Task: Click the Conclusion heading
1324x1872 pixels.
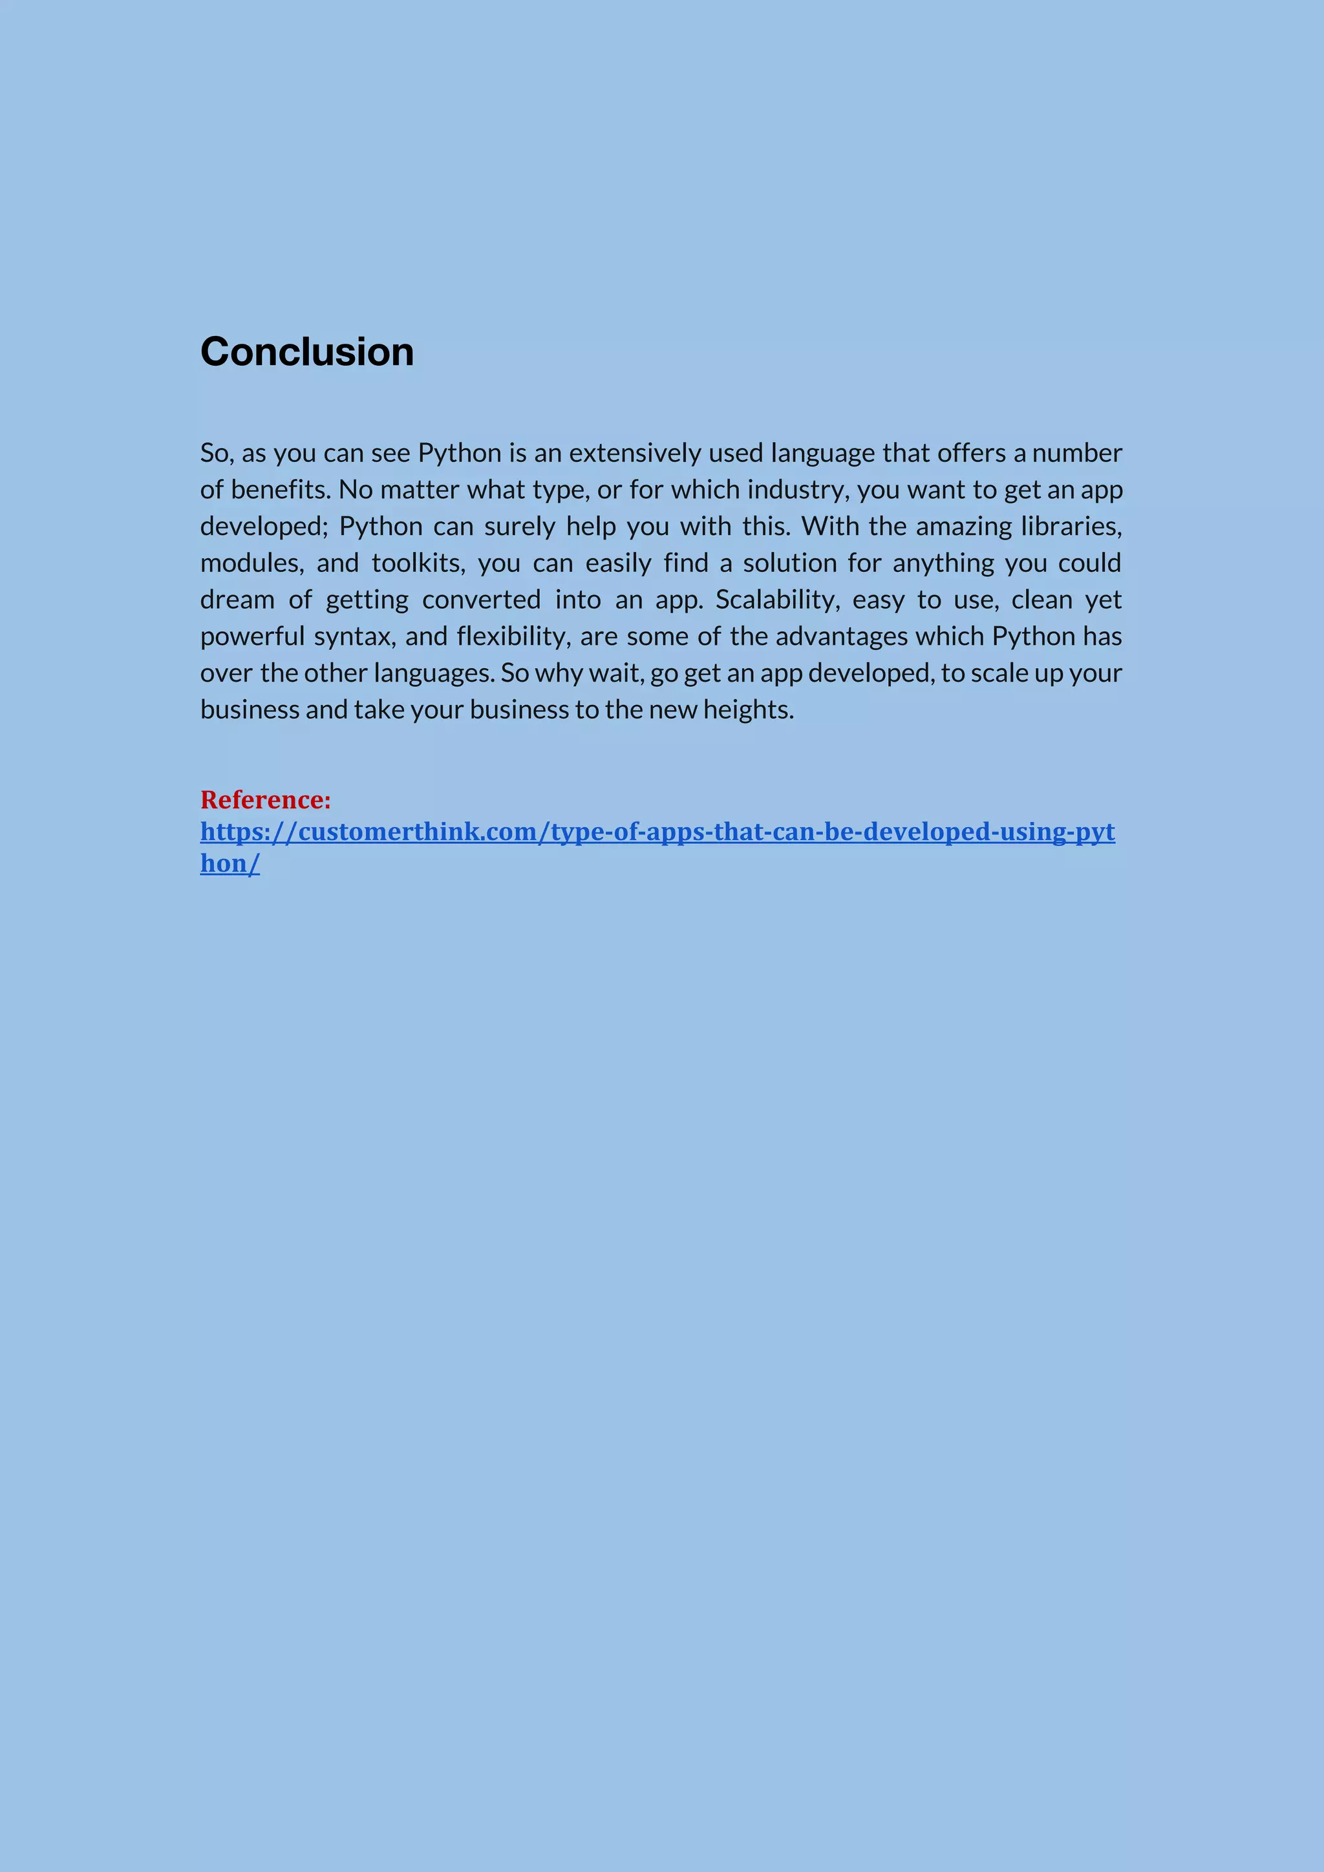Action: click(306, 352)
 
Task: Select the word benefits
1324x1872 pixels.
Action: click(280, 489)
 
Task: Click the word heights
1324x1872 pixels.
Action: click(748, 710)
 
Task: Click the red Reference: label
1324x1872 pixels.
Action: click(266, 800)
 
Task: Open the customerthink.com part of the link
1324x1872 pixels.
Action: click(418, 832)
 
